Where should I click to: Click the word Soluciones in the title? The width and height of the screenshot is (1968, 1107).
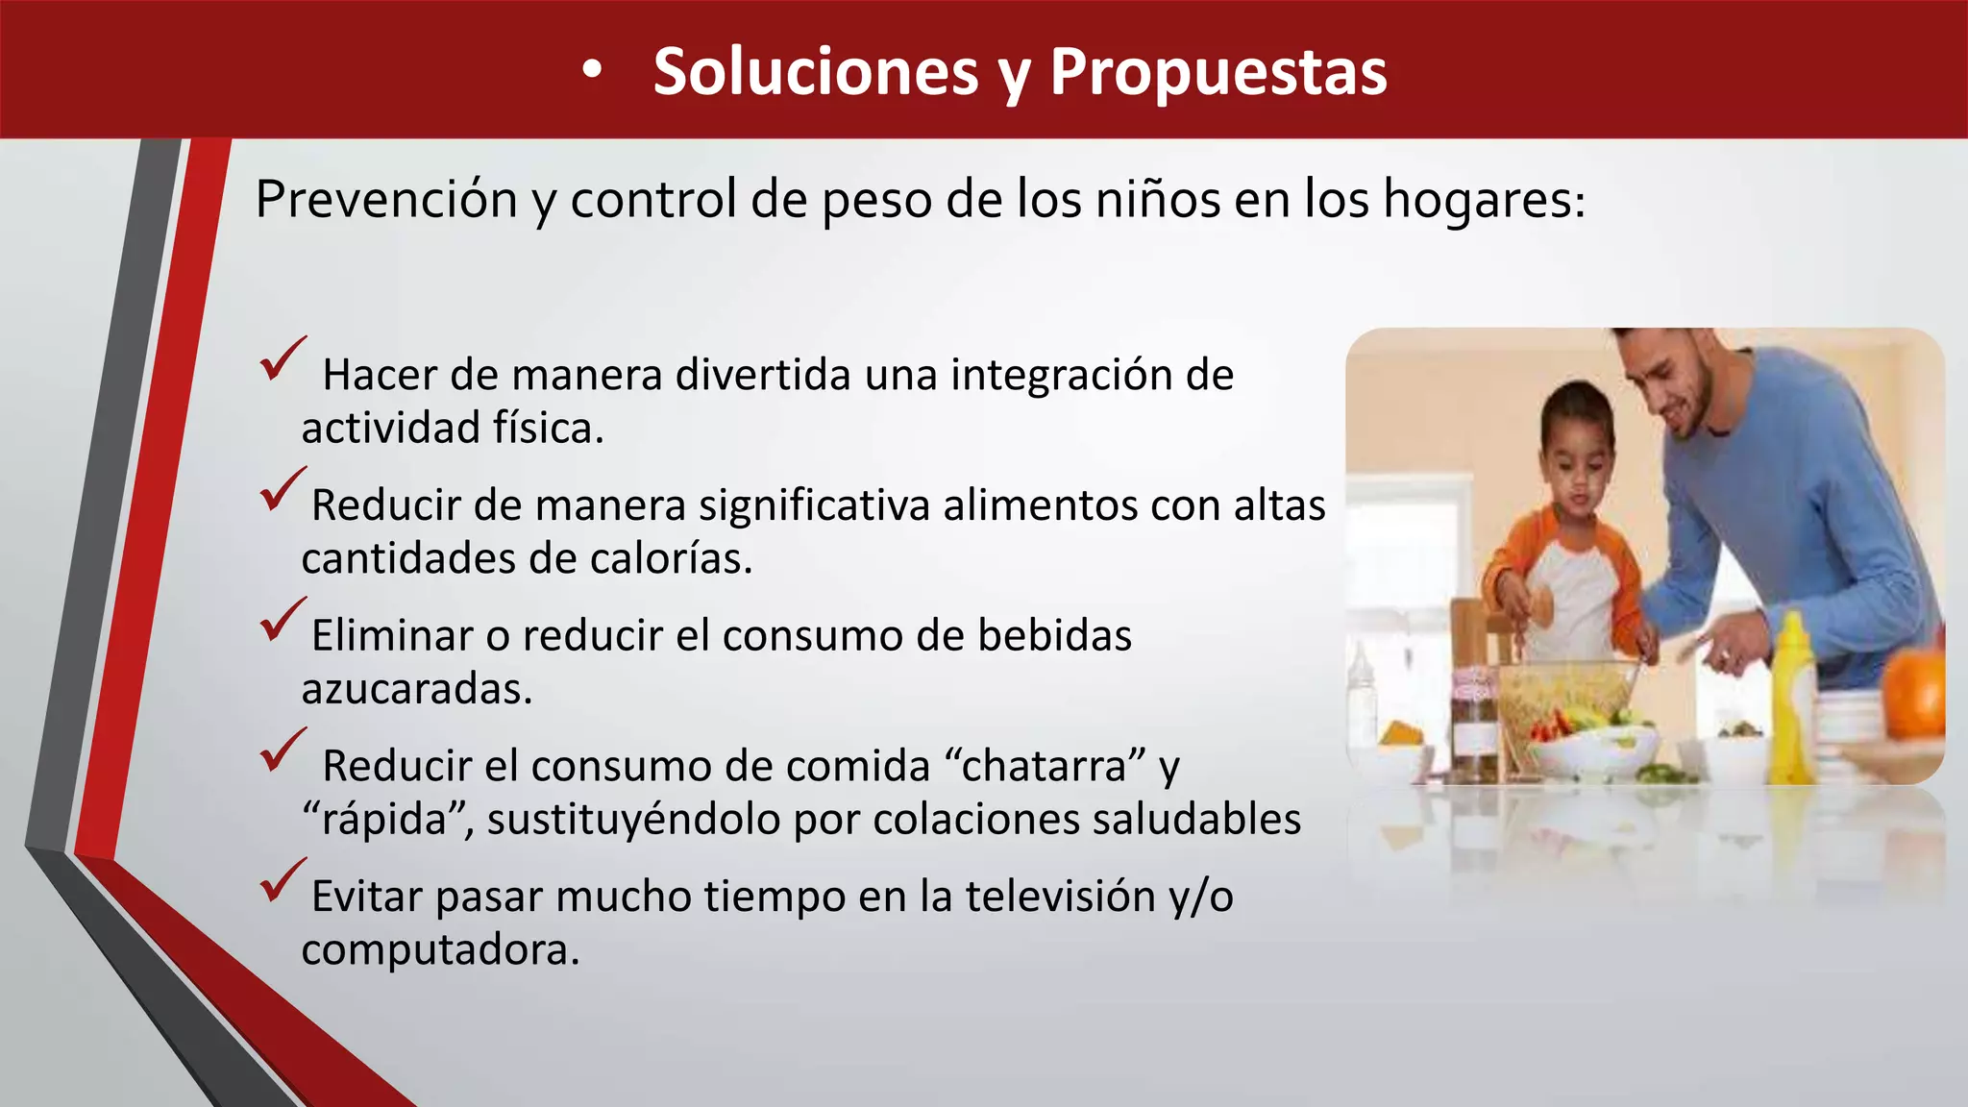[815, 72]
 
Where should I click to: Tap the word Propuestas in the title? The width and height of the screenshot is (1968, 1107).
[1218, 72]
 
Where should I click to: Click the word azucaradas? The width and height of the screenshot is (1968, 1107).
[415, 689]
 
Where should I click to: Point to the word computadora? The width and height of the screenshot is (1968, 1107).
[439, 950]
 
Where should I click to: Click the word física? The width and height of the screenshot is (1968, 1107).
[548, 428]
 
